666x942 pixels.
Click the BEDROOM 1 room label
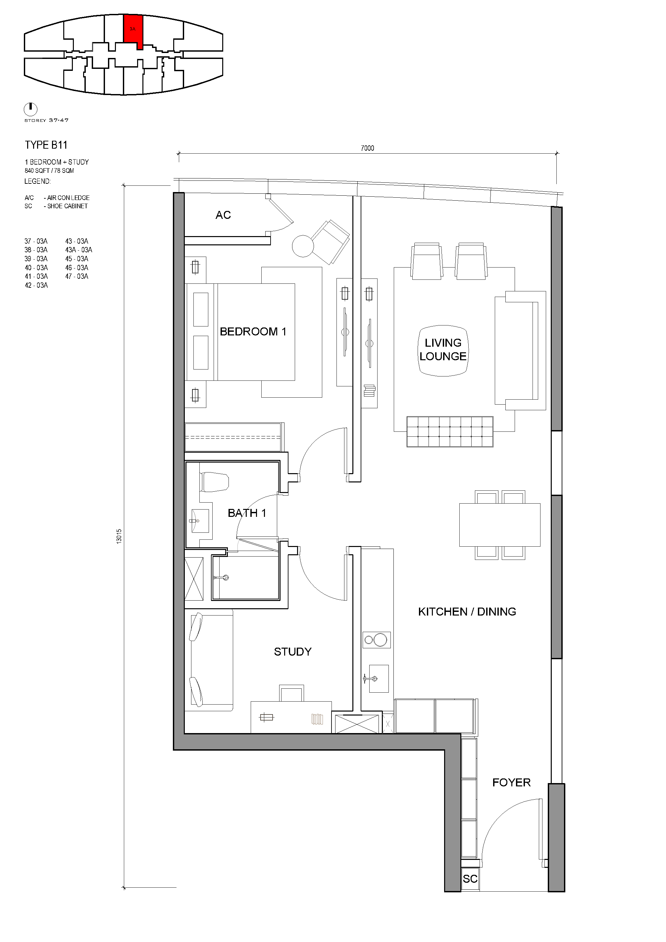253,331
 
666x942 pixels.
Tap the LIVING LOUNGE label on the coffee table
443,350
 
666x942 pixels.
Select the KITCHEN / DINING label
467,612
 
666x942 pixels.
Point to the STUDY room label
292,652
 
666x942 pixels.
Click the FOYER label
511,782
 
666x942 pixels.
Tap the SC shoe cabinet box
470,878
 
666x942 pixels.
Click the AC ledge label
223,215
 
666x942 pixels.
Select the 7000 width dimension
367,148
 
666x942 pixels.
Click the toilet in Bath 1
214,482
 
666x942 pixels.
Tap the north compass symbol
31,109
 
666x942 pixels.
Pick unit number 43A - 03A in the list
78,250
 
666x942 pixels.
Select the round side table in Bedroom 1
303,246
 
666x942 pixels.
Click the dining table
499,525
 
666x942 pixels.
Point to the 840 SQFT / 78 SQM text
49,171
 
